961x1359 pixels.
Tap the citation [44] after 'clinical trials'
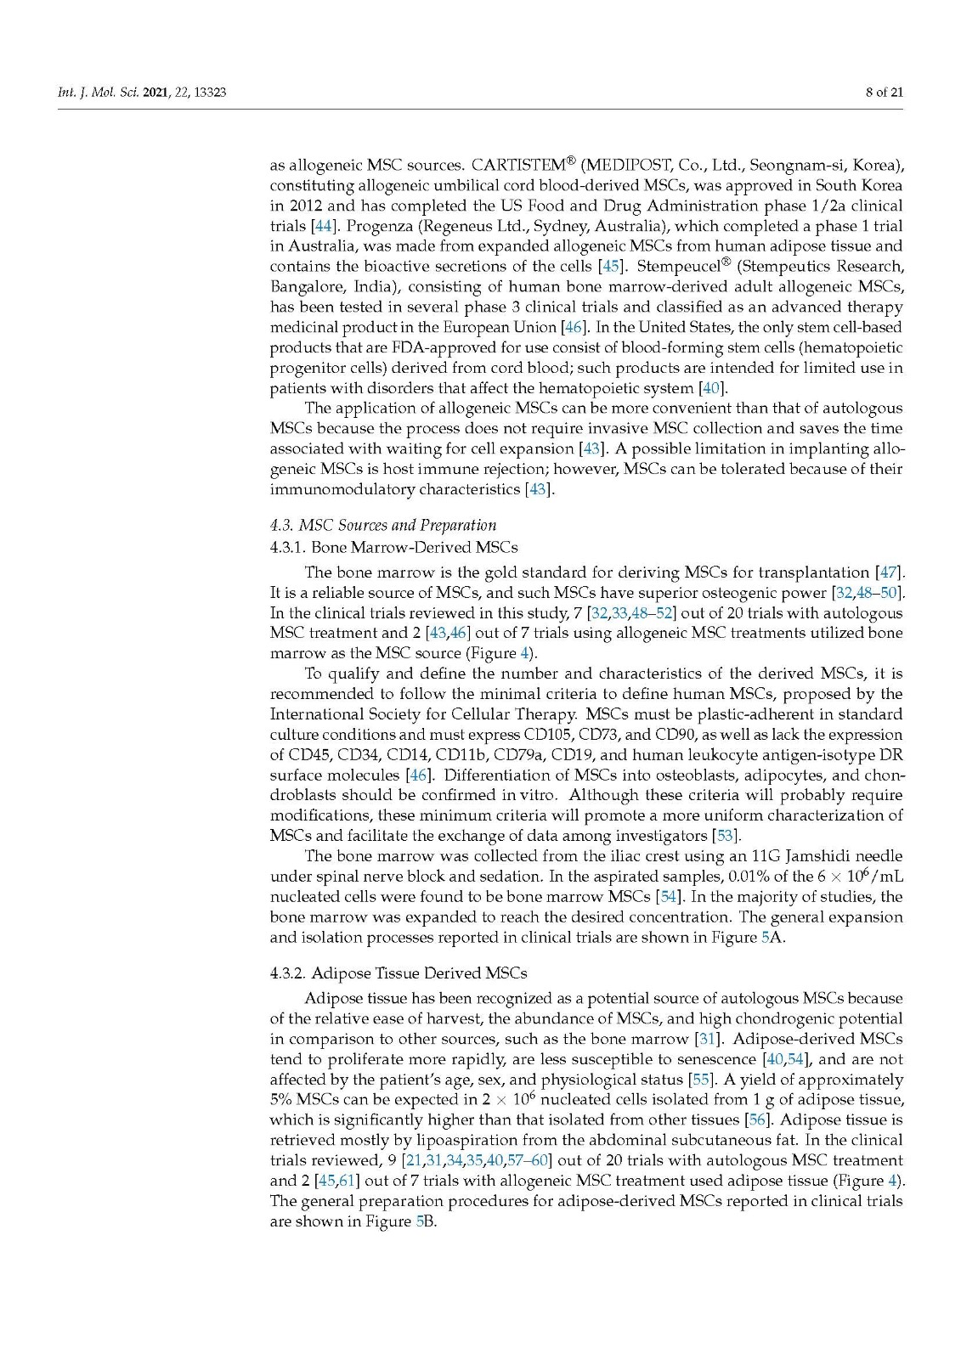click(322, 226)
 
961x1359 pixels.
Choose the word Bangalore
click(308, 287)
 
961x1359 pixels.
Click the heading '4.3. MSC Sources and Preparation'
click(382, 525)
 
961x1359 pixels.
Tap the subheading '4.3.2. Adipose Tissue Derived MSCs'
click(398, 973)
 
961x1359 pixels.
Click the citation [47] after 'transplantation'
click(889, 572)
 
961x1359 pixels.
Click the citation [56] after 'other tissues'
click(757, 1120)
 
